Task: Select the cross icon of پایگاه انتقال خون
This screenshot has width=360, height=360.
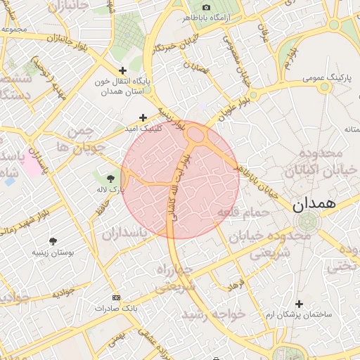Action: click(x=123, y=70)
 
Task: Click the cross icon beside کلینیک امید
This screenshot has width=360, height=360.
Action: click(x=143, y=117)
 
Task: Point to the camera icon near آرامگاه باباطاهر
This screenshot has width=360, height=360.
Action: click(x=206, y=7)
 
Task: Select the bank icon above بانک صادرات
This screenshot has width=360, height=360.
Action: click(x=116, y=297)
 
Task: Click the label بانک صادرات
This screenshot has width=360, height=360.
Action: click(x=116, y=308)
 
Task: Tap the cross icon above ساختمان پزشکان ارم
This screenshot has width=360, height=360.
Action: click(x=300, y=304)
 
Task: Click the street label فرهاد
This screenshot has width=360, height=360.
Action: click(x=233, y=285)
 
